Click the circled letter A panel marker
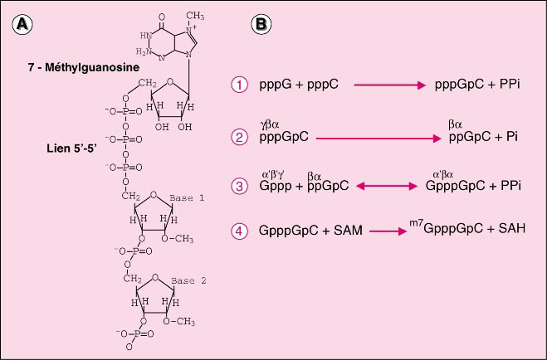point(22,26)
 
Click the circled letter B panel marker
point(261,25)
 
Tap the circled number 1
point(239,85)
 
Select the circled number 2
point(239,137)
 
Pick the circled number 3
point(239,186)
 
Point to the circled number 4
point(239,231)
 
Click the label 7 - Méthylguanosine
point(84,67)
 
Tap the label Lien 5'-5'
point(71,148)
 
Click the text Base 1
point(187,198)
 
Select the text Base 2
point(188,280)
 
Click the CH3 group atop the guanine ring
point(195,16)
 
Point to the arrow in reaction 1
point(389,85)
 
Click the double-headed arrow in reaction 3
point(387,187)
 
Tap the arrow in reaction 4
point(388,231)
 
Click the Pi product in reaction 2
point(512,137)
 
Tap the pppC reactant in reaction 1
point(323,85)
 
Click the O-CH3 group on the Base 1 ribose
point(178,239)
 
